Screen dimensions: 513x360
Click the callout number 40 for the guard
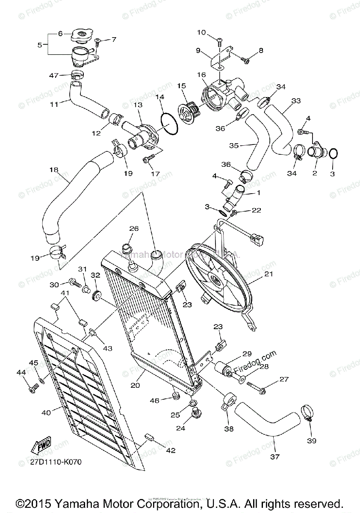coord(46,413)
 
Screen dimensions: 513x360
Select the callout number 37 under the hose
coord(274,457)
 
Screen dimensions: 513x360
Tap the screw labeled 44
coord(32,389)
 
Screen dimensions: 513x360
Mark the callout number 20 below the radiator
coord(135,385)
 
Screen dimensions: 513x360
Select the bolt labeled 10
coord(220,42)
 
